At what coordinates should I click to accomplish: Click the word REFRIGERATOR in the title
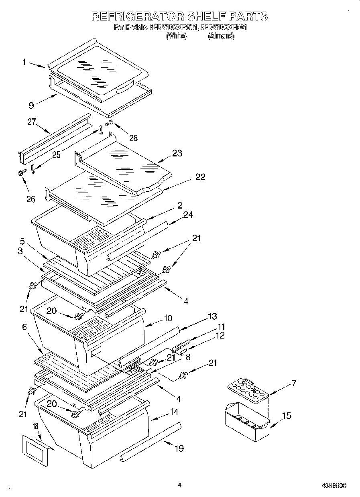[x=138, y=16]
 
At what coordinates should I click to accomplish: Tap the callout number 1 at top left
[x=24, y=62]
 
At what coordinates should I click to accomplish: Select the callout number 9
[x=31, y=105]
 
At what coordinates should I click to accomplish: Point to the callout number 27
[x=32, y=122]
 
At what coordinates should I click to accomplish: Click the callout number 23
[x=177, y=153]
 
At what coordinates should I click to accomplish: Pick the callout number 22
[x=200, y=177]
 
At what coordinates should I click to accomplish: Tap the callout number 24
[x=188, y=215]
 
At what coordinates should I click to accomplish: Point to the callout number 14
[x=173, y=412]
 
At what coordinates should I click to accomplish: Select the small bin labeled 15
[x=246, y=421]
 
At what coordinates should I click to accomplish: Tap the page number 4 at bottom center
[x=179, y=485]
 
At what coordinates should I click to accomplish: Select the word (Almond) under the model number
[x=221, y=36]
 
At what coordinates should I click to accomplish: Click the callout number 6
[x=24, y=327]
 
